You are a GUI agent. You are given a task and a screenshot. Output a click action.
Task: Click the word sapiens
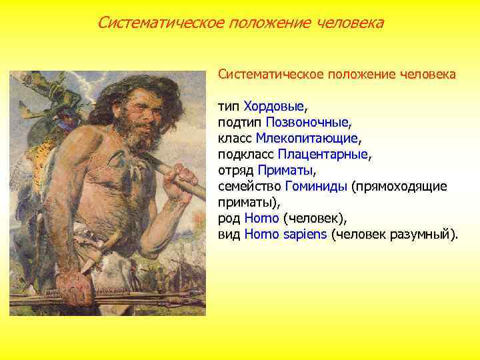click(301, 234)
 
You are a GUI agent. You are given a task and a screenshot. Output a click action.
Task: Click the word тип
click(229, 106)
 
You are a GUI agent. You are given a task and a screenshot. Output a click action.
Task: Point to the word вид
click(229, 234)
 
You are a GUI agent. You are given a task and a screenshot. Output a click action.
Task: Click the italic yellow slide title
click(240, 23)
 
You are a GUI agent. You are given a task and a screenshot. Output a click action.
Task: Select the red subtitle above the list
click(337, 74)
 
